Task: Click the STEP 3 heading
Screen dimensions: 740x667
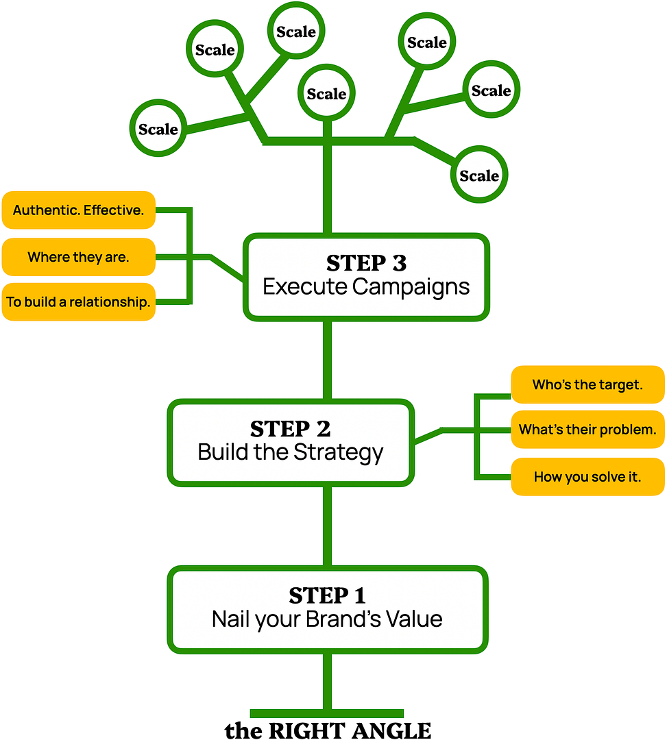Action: pos(366,263)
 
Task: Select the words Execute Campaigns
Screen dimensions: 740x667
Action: pos(366,286)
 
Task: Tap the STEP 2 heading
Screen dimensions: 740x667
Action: pos(290,429)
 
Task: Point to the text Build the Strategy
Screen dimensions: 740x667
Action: pos(290,452)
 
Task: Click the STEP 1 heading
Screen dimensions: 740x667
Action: pos(327,595)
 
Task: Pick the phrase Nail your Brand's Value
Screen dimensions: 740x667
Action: pos(327,619)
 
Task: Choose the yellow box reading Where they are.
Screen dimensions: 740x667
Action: pos(78,257)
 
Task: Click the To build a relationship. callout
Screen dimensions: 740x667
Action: pos(78,301)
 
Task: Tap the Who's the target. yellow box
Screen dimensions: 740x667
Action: pos(587,384)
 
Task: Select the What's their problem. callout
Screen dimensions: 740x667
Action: pos(587,430)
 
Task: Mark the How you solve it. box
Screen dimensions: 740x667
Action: pos(587,476)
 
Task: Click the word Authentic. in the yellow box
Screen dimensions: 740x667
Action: pos(46,210)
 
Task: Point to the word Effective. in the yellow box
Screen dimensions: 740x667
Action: pos(114,210)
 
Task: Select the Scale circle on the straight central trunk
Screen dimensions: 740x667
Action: pos(326,94)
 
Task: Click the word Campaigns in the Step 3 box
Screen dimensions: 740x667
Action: pos(411,286)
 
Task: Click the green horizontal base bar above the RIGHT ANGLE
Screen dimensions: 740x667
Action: pos(327,713)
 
